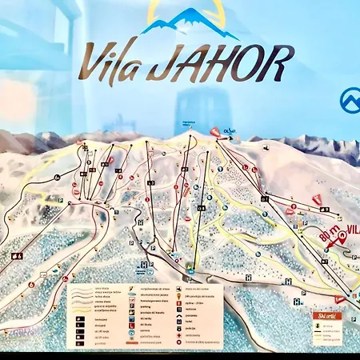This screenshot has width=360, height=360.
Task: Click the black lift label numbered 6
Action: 17,256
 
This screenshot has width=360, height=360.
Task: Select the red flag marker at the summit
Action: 214,131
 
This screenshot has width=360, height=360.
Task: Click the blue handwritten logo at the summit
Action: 230,131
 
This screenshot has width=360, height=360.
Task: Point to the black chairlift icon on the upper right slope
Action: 324,208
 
